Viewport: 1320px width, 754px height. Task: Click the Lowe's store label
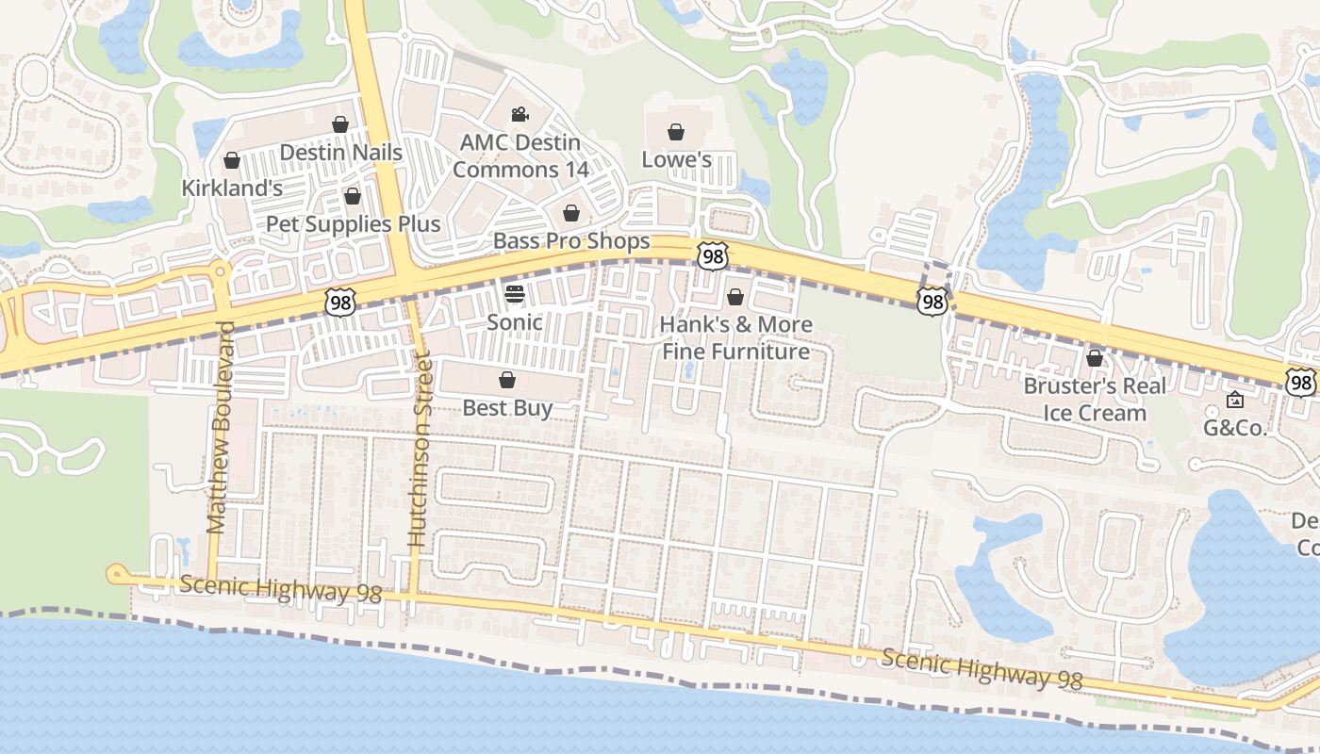[x=676, y=160]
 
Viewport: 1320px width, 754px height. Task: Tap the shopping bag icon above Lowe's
[x=676, y=132]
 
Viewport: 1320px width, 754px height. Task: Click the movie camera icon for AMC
[x=520, y=115]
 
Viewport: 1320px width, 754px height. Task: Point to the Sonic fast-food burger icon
[x=514, y=293]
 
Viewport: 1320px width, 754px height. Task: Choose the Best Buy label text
[x=507, y=408]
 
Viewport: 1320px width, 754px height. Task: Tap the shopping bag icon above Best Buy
[x=507, y=380]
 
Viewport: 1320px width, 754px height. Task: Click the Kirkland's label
[x=232, y=188]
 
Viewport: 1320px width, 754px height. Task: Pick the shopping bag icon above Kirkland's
[x=232, y=160]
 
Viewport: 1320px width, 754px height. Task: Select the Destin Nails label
[x=341, y=153]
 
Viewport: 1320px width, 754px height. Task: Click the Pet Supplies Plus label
[x=354, y=224]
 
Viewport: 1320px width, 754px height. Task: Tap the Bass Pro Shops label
[x=571, y=241]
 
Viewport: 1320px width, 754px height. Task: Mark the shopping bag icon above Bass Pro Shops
[x=570, y=214]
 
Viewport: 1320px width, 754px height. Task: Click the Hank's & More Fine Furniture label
[x=735, y=338]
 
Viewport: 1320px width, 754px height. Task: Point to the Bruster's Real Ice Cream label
[x=1095, y=400]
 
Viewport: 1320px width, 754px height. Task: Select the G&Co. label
[x=1234, y=427]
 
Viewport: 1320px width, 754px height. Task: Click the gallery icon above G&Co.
[x=1234, y=401]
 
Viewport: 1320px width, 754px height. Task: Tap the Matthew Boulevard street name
[x=219, y=428]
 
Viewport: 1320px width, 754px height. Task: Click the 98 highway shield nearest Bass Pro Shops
[x=714, y=255]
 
